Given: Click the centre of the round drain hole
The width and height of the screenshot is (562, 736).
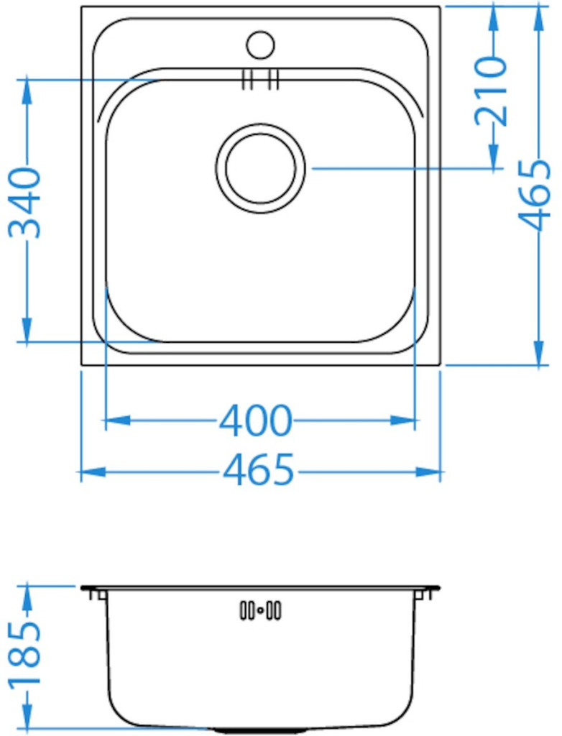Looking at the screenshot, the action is (261, 167).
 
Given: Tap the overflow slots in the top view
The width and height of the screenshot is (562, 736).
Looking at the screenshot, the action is (261, 79).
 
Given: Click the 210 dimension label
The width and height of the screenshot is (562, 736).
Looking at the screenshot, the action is (491, 91).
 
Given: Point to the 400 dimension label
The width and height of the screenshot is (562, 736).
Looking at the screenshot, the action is (256, 420).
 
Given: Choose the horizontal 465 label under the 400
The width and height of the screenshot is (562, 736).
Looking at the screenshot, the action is (259, 469).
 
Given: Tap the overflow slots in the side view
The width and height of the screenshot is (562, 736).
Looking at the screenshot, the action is (261, 611).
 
